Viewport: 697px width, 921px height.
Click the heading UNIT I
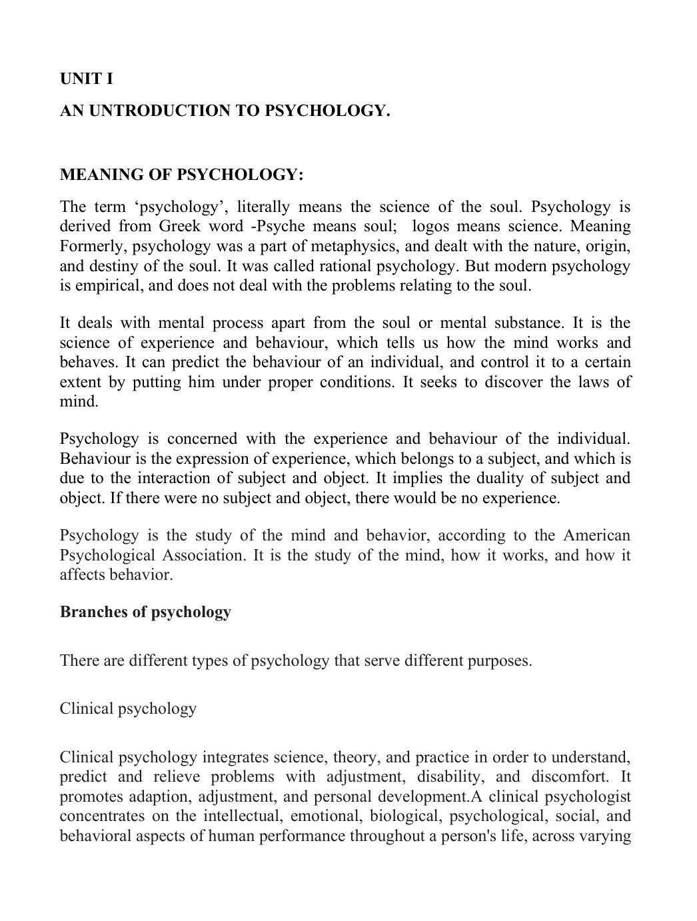87,79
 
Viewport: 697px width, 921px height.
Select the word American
596,536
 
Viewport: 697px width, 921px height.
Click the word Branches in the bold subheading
91,612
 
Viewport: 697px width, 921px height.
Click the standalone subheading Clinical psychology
128,708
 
